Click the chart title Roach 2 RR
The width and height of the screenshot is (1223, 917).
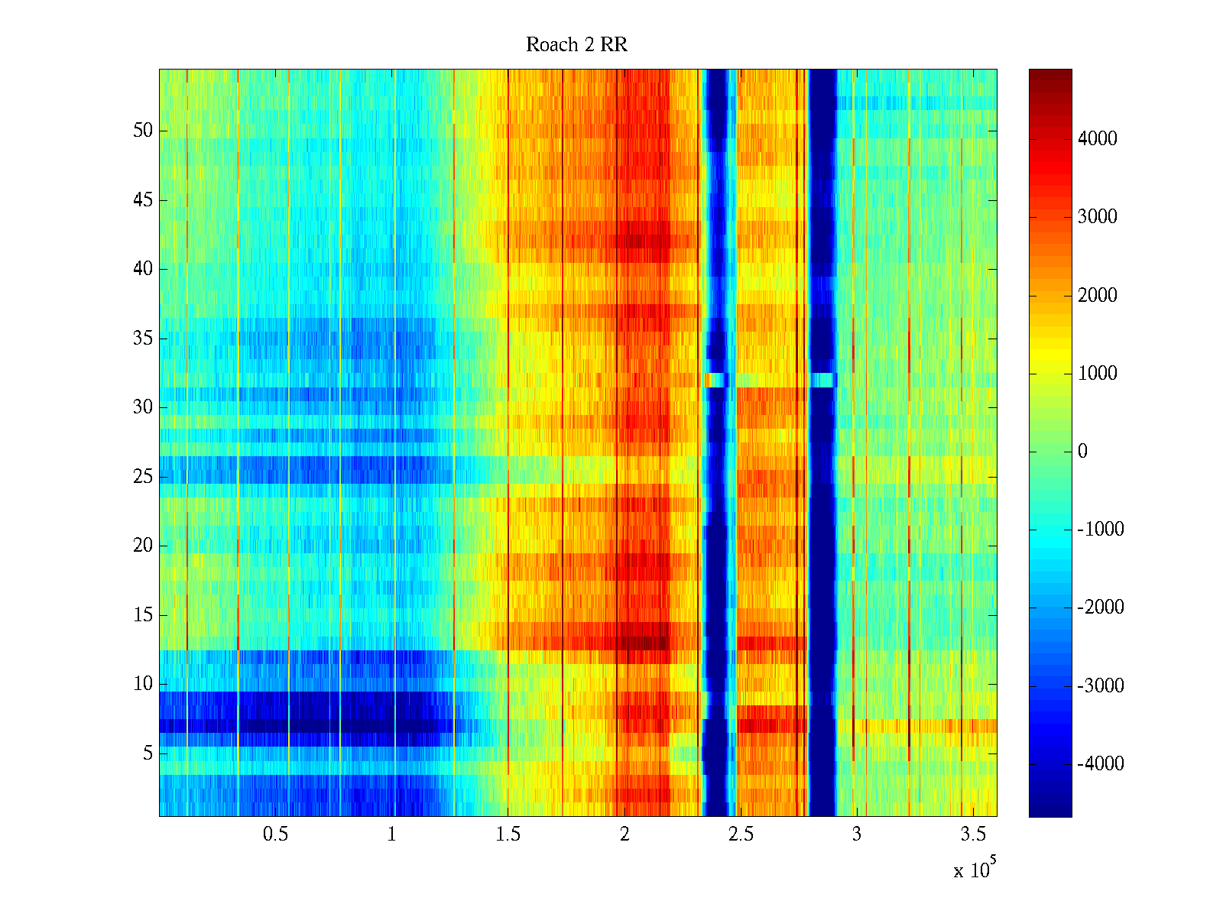click(x=576, y=45)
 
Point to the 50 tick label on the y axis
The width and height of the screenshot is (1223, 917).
click(x=143, y=131)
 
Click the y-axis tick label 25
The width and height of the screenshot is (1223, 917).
click(x=143, y=477)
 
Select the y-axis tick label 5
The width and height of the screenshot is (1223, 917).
click(x=148, y=753)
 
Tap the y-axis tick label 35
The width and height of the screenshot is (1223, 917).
click(x=143, y=339)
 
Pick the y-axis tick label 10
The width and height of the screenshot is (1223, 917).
click(x=143, y=684)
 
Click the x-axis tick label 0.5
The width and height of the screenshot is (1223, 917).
click(x=275, y=834)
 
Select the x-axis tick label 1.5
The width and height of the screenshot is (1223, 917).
click(x=508, y=834)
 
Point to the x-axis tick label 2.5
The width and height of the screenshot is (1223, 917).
click(x=741, y=834)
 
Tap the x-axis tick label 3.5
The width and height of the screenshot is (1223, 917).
click(x=973, y=834)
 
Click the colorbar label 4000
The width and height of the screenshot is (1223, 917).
click(x=1097, y=138)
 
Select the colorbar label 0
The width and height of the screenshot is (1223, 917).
click(x=1082, y=452)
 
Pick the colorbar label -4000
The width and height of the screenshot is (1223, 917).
click(x=1100, y=763)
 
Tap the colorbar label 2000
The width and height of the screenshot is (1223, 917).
click(x=1097, y=295)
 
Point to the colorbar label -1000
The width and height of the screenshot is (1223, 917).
click(x=1100, y=530)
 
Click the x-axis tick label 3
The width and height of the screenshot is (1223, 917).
click(x=857, y=834)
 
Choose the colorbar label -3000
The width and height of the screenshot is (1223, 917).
click(x=1100, y=685)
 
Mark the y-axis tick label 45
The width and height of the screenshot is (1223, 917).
click(x=143, y=200)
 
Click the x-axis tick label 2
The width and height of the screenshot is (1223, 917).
click(x=624, y=834)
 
